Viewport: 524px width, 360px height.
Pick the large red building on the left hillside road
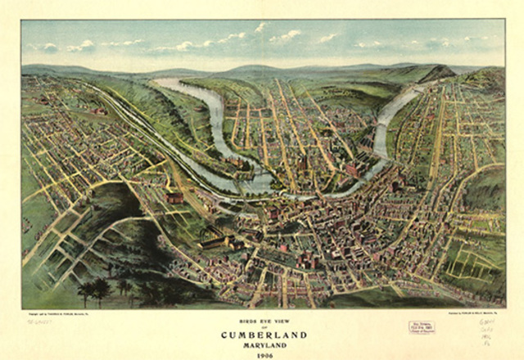(174, 197)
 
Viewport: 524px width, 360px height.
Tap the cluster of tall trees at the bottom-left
(94, 288)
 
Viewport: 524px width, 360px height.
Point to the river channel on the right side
(383, 131)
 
